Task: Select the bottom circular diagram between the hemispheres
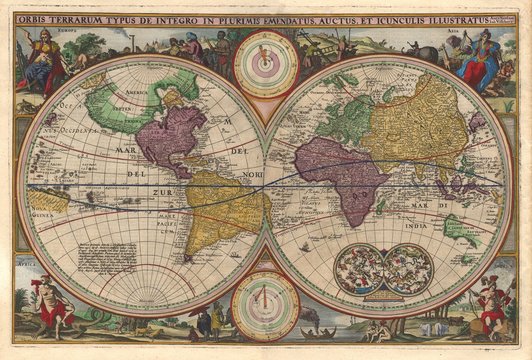coord(265,305)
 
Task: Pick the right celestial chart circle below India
coord(408,268)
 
